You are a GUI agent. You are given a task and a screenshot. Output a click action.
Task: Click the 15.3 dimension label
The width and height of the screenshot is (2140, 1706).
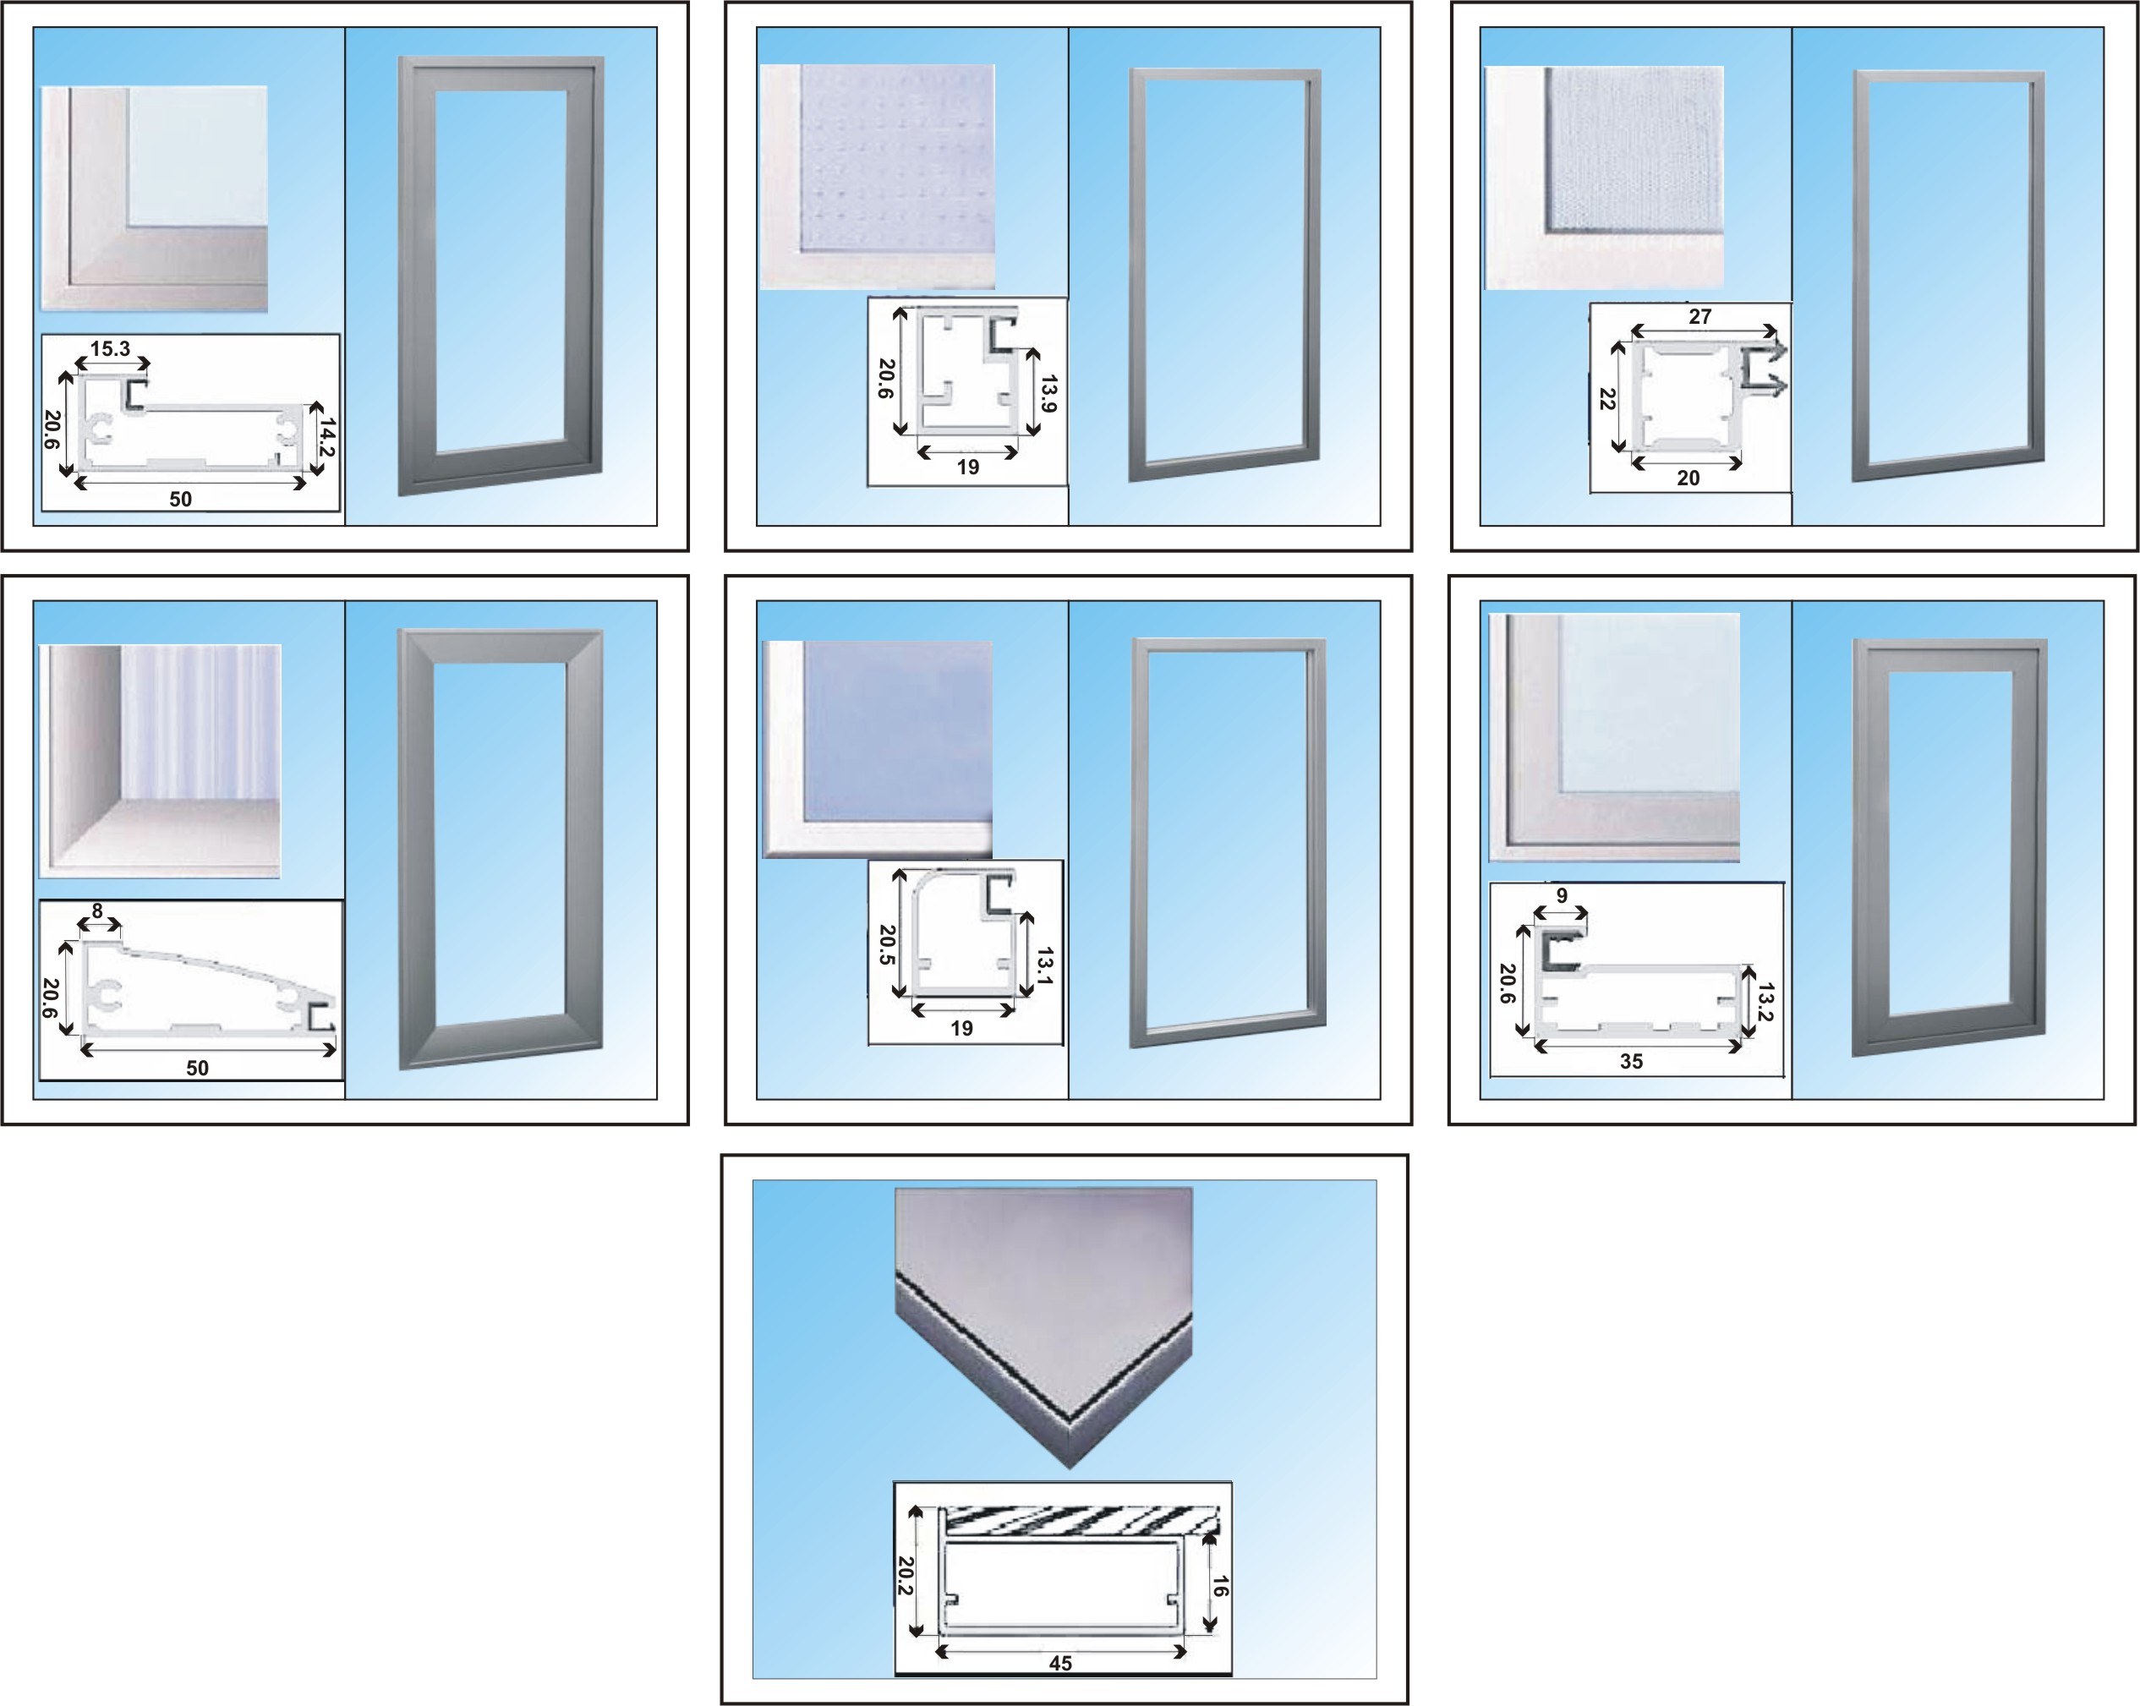pos(110,348)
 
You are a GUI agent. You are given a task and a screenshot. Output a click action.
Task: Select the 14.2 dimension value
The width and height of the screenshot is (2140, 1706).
pos(326,438)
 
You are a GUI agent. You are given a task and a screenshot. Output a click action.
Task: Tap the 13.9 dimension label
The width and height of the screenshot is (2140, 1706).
pos(1049,393)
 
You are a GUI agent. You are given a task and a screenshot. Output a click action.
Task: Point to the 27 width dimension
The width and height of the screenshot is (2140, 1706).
pos(1700,316)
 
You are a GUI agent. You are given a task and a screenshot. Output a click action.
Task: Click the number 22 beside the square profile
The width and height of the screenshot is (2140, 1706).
pos(1608,399)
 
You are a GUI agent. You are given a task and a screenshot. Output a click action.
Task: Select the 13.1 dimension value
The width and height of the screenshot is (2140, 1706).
pos(1045,966)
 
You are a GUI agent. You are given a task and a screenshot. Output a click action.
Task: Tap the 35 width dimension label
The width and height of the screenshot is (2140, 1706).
pos(1632,1061)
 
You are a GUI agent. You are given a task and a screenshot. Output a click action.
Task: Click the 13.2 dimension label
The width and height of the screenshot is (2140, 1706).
pos(1765,1003)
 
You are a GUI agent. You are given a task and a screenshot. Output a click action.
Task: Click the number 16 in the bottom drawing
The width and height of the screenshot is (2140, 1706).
pos(1221,1587)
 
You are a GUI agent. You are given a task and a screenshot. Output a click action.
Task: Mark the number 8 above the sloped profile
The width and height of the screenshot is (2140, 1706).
pos(97,911)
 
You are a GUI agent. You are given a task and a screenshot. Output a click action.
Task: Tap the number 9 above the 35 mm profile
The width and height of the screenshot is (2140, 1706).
pos(1562,896)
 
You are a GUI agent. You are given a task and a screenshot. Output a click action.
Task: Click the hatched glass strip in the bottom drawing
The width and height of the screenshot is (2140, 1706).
pos(1080,1520)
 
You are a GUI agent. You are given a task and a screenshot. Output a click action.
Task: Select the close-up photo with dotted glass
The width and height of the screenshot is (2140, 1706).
pos(878,178)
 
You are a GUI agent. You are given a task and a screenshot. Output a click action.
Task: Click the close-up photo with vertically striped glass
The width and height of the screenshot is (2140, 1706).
pos(160,761)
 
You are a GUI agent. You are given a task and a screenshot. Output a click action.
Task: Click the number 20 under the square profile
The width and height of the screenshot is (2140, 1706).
pos(1688,478)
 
